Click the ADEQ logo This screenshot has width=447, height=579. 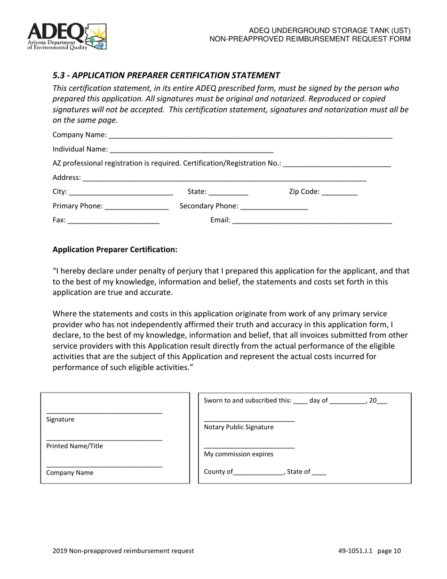(x=67, y=37)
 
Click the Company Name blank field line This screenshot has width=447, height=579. (x=249, y=136)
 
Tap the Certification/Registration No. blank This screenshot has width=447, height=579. (x=337, y=164)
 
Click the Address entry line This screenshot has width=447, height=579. (x=224, y=178)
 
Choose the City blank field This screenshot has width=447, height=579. (x=121, y=193)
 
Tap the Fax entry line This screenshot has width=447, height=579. (x=114, y=221)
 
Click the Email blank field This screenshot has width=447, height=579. (x=312, y=221)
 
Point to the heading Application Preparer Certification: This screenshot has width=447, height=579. (x=115, y=249)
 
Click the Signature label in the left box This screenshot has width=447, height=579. (x=60, y=419)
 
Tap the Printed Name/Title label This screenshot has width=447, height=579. (x=74, y=446)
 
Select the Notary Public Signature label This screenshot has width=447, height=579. (x=239, y=427)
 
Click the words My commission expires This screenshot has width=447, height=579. (x=239, y=454)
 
